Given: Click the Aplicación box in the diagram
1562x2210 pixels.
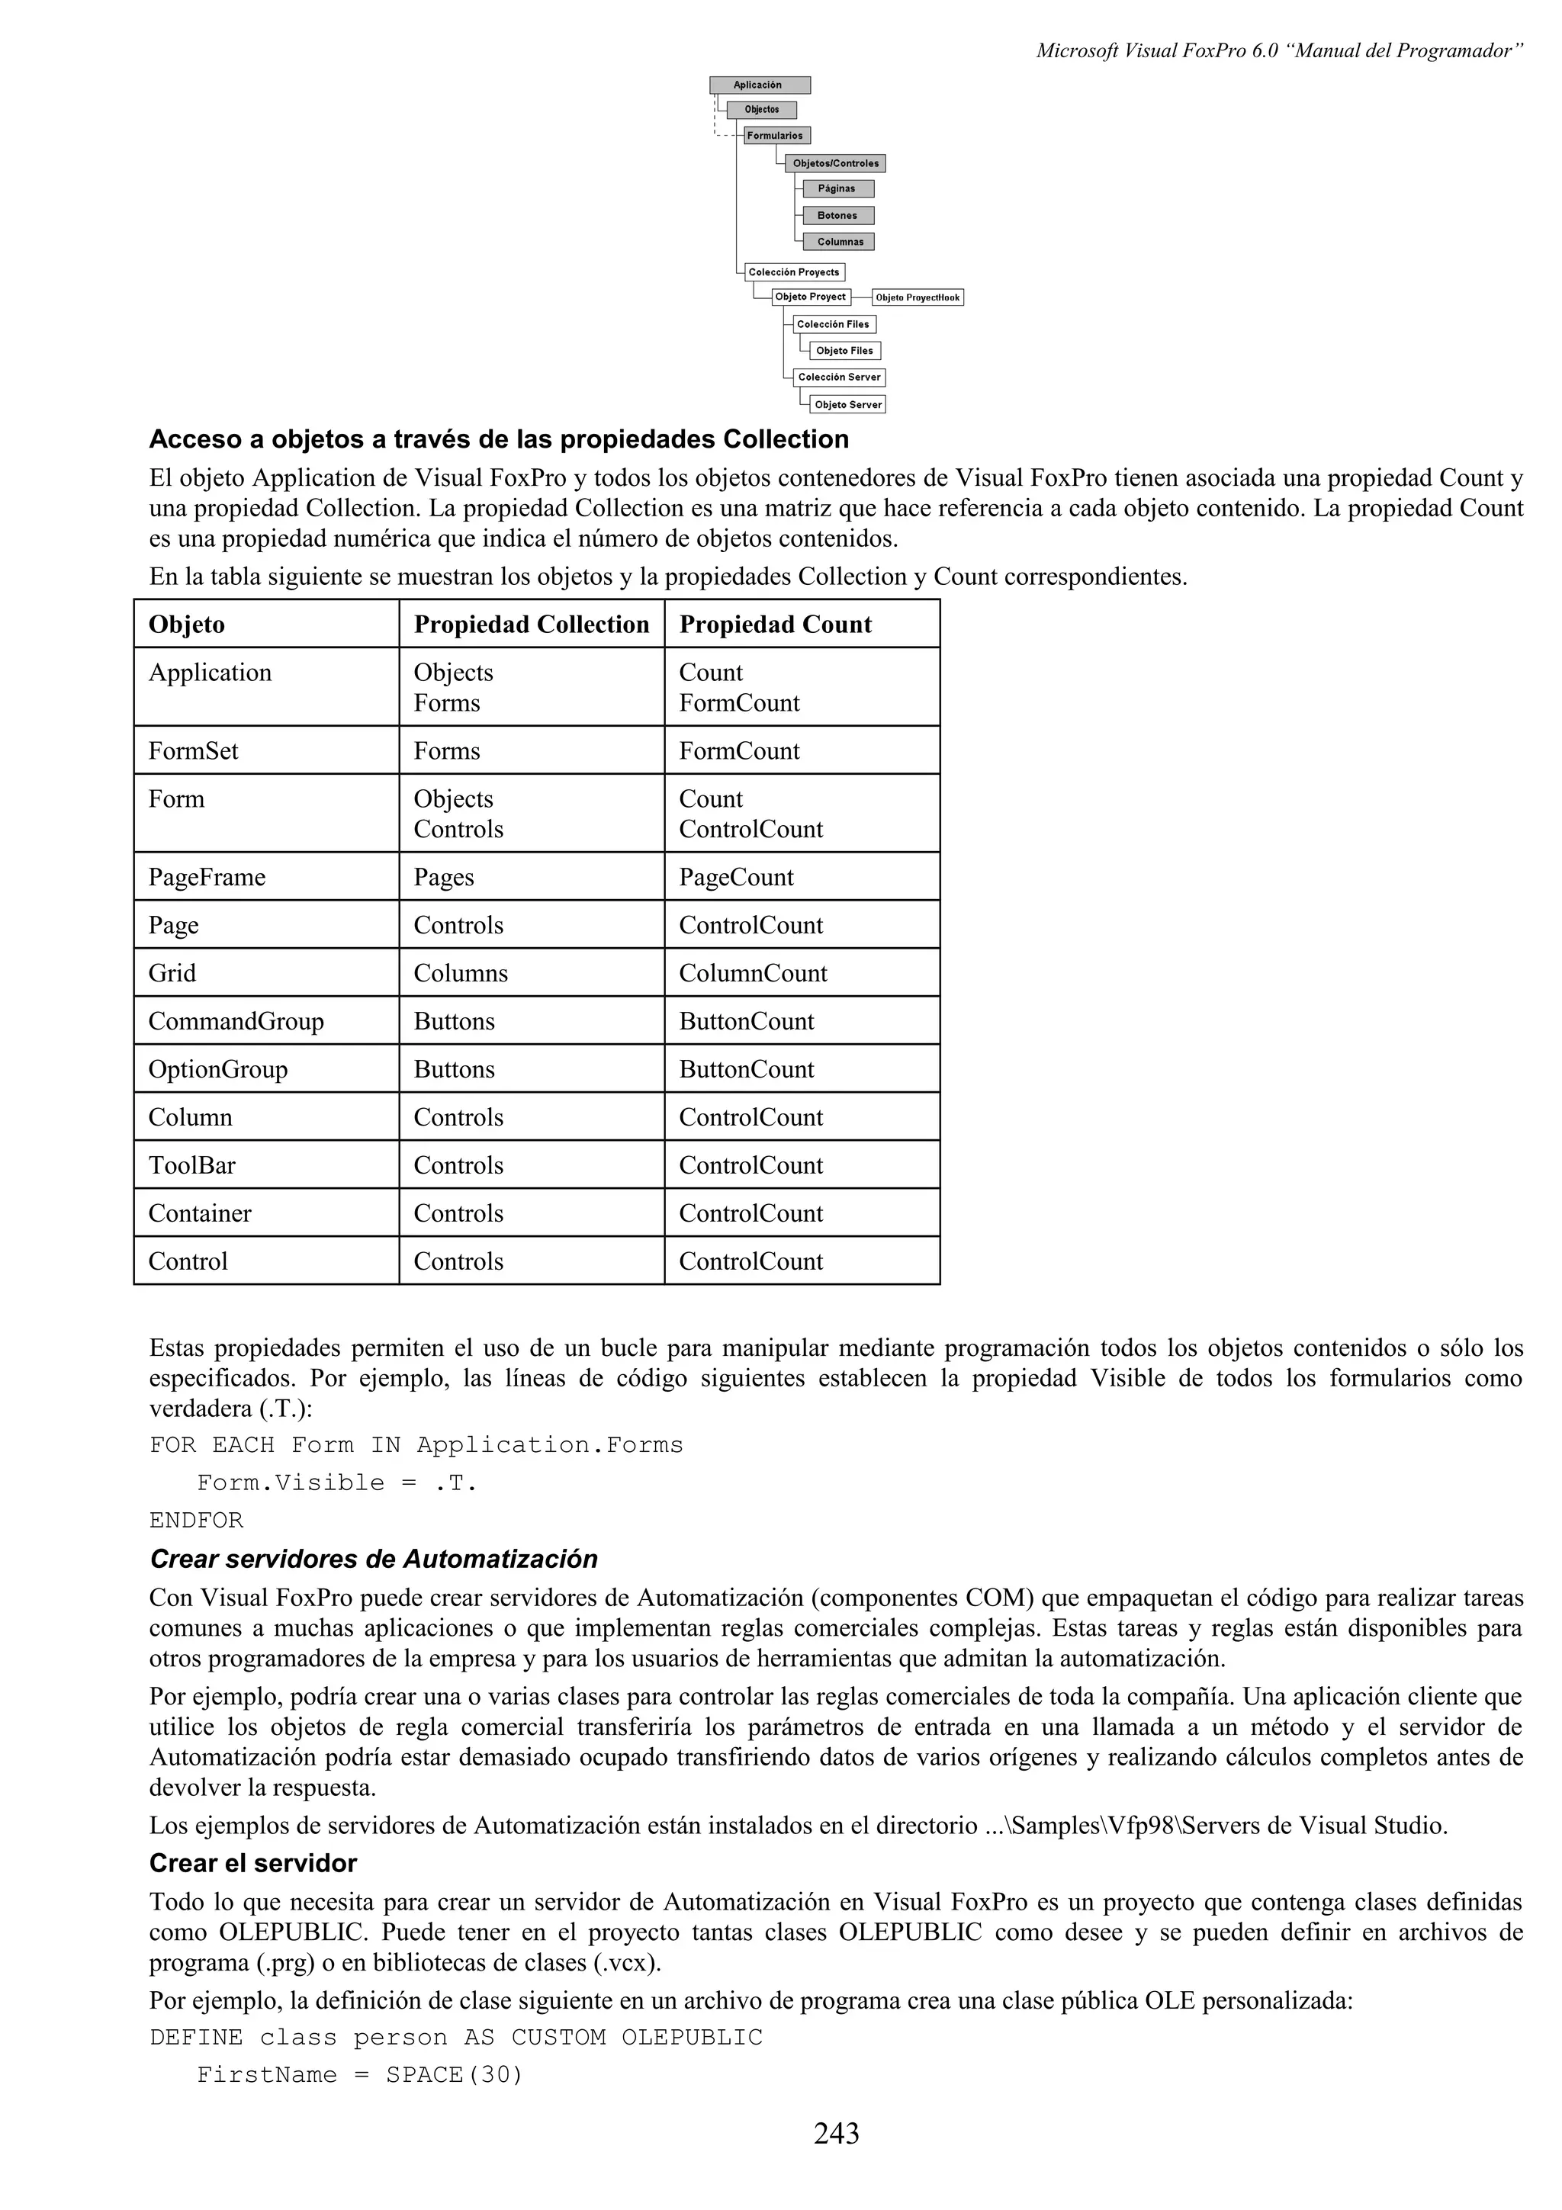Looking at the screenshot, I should tap(760, 85).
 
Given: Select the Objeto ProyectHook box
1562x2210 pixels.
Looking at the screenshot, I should tap(918, 297).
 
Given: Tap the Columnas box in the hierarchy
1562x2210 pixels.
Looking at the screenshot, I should tap(839, 242).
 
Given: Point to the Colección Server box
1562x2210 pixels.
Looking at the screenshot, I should tap(838, 377).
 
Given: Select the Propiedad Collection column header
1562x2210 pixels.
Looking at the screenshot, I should tap(532, 625).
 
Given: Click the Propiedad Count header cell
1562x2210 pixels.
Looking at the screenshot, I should tap(776, 625).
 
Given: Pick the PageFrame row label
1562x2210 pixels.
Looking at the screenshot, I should tap(207, 878).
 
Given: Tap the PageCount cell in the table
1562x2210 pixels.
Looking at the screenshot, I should tap(736, 878).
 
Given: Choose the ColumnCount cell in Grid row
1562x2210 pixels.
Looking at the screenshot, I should tap(753, 974).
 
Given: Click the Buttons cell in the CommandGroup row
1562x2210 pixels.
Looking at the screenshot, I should tap(455, 1022).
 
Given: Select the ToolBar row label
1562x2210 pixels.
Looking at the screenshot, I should tap(191, 1167).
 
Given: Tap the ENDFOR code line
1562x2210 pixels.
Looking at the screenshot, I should tap(196, 1521).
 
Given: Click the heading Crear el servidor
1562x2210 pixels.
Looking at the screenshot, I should tap(253, 1864).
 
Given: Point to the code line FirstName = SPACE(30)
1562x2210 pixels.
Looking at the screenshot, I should tap(359, 2074).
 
